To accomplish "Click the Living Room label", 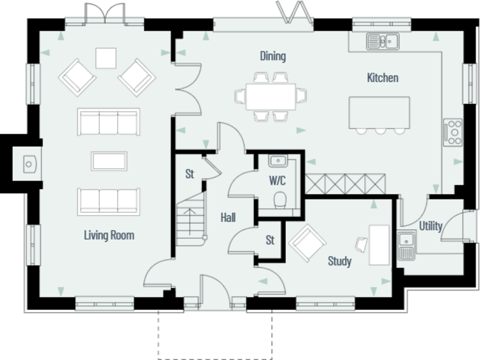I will click(109, 236).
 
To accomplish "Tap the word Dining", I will click(272, 56).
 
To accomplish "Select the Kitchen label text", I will click(382, 78).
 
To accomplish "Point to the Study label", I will click(339, 261).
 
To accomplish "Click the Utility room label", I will click(431, 226).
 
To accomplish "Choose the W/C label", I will click(278, 181).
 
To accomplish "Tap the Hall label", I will click(227, 217).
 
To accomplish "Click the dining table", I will click(271, 96).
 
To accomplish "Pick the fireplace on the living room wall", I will click(29, 164).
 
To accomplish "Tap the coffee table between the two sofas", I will click(109, 161).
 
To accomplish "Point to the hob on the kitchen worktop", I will click(452, 132).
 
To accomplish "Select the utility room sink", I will click(407, 244).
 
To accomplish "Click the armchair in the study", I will click(306, 243).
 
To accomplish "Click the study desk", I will click(379, 244).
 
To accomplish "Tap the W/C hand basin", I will click(277, 162).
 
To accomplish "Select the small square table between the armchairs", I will click(106, 58).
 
